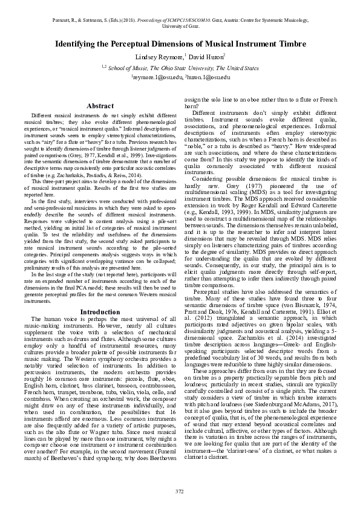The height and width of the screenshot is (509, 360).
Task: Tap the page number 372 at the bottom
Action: click(x=180, y=490)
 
